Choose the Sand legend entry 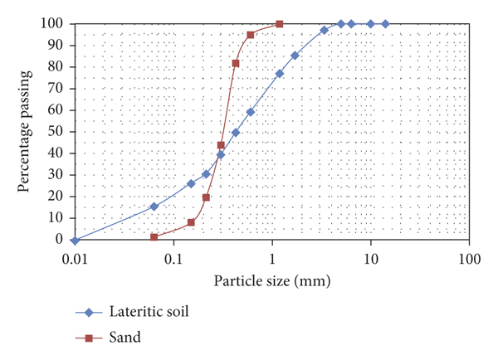tap(125, 336)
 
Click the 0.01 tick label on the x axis tap(76, 257)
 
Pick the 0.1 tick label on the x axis tap(173, 257)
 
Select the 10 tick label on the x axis tap(371, 257)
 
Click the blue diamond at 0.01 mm tap(76, 240)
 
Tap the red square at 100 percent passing tap(279, 24)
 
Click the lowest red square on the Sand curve tap(154, 237)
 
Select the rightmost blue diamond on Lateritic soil tap(385, 24)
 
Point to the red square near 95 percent tap(251, 35)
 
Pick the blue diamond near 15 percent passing tap(154, 207)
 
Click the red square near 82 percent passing tap(236, 63)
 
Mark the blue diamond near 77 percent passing tap(280, 74)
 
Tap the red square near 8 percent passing tap(191, 222)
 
